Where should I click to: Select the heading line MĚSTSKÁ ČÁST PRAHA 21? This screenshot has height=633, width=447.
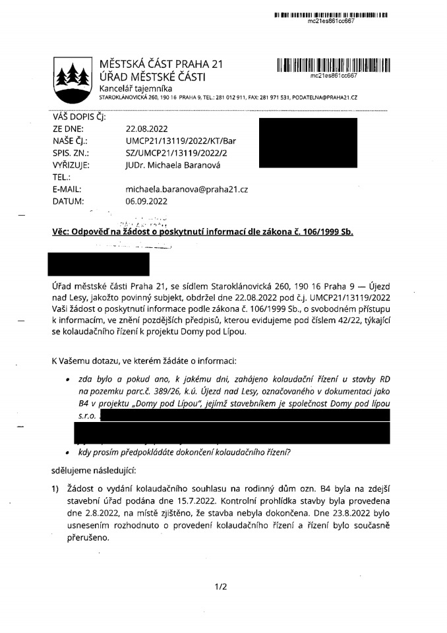tap(162, 64)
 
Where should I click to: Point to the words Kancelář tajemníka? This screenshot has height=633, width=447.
tap(136, 88)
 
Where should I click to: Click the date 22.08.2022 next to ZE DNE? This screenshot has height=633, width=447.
tap(148, 129)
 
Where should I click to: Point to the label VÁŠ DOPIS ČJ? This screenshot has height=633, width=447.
tap(78, 117)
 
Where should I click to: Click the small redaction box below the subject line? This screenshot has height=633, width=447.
tap(100, 264)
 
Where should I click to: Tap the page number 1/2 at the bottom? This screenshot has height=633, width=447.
tap(221, 587)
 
